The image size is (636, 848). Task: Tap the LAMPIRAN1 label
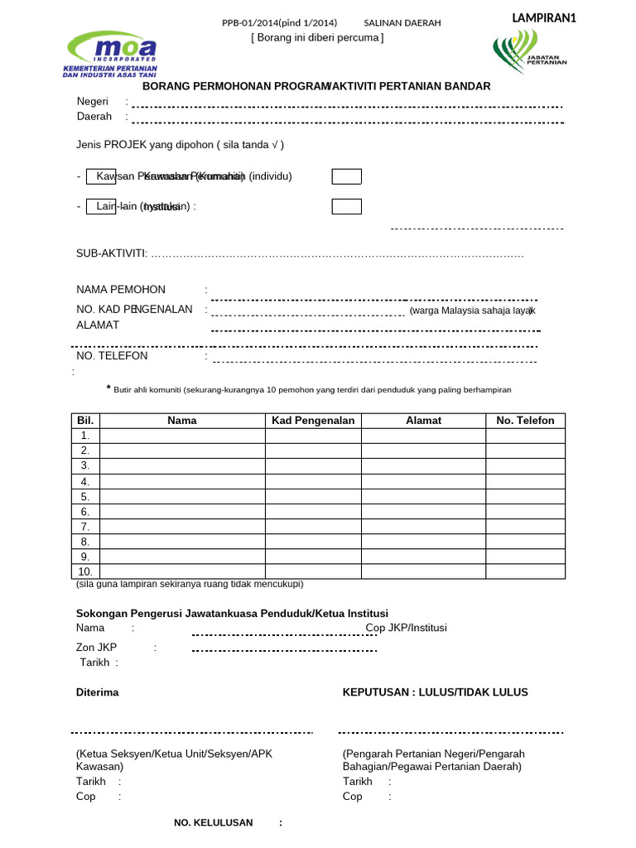(544, 18)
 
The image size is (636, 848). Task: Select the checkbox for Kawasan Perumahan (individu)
(346, 176)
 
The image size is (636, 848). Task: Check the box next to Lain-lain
(346, 206)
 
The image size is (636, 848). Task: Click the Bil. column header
(86, 421)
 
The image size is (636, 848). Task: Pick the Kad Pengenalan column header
(313, 421)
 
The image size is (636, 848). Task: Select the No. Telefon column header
(525, 421)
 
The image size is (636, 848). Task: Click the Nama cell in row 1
(182, 436)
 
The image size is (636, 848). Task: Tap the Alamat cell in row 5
(423, 496)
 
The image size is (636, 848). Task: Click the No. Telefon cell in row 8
(525, 542)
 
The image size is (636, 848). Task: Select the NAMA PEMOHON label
(121, 289)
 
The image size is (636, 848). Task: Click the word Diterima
(98, 692)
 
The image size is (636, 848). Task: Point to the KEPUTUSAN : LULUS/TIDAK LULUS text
(436, 692)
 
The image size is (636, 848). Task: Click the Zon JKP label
(97, 647)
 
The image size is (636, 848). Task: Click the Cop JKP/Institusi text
(407, 628)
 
